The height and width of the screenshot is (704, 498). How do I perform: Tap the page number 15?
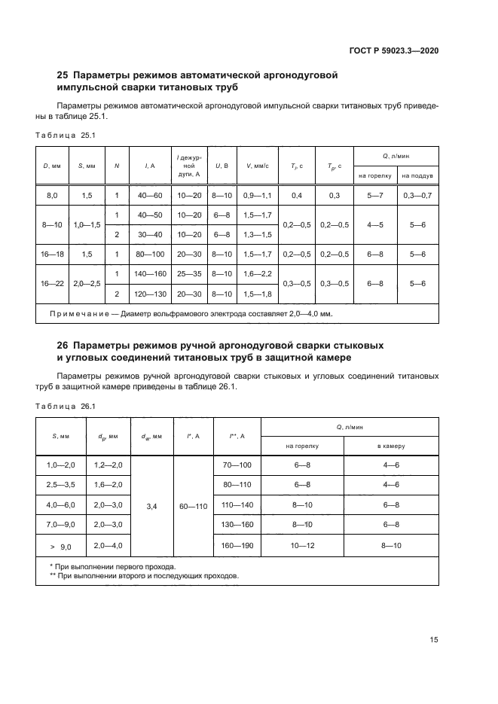point(433,640)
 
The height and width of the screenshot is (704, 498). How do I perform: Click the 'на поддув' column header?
point(417,175)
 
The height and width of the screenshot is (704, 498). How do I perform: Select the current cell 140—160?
point(150,274)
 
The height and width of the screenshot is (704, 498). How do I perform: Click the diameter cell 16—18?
point(52,254)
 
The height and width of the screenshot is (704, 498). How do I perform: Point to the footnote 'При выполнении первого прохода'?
point(115,566)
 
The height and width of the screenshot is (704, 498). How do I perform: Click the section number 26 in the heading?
point(64,344)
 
